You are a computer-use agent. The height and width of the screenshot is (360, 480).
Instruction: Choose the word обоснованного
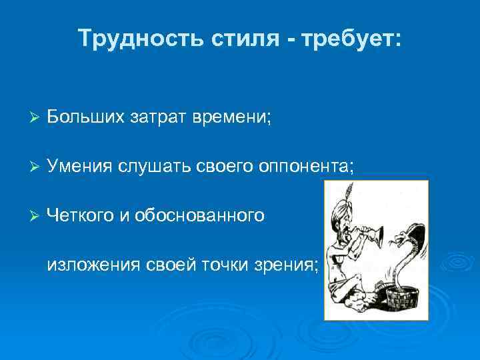coord(200,215)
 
